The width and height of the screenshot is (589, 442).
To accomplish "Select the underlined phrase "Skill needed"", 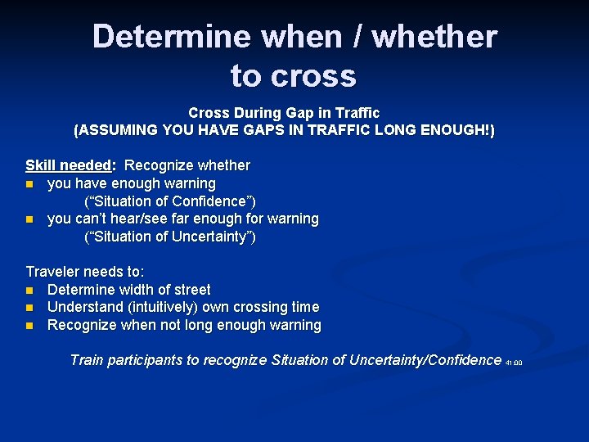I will click(70, 165).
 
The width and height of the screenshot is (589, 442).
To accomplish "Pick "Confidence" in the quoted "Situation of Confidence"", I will click(211, 201).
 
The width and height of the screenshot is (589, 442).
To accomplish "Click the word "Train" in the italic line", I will click(88, 360).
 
